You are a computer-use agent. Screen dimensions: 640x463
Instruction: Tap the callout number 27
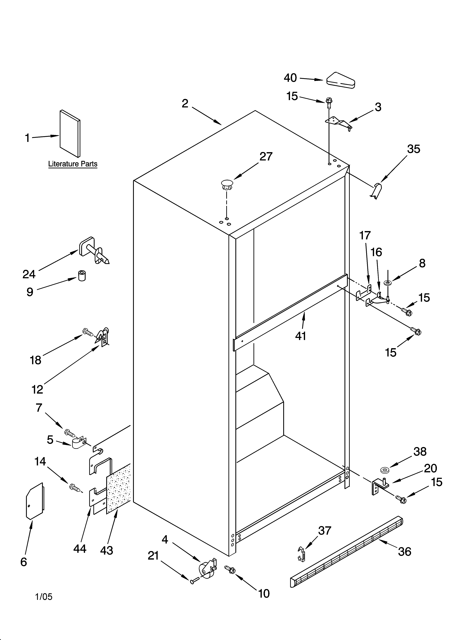266,157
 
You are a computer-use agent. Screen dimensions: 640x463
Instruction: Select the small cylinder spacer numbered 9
82,275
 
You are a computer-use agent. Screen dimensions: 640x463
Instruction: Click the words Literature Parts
73,164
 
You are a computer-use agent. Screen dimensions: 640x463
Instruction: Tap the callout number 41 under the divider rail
301,336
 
